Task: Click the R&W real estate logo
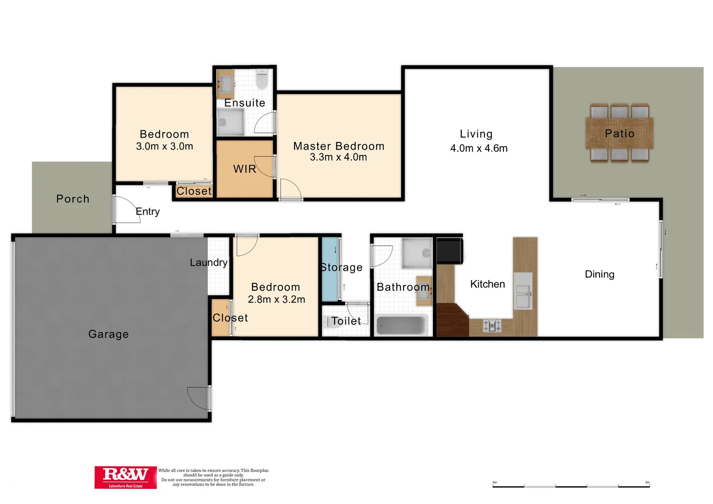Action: (126, 477)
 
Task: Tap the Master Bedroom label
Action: (339, 146)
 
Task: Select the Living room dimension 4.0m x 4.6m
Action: (479, 148)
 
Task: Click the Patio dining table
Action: (619, 133)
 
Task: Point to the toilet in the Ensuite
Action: (262, 80)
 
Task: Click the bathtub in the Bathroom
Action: (401, 325)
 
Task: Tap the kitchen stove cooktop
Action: (492, 325)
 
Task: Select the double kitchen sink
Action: (523, 291)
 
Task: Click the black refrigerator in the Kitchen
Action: (449, 251)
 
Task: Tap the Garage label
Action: (108, 334)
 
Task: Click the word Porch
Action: (73, 199)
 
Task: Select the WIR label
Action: (245, 169)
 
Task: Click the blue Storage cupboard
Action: (330, 270)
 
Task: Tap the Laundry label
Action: (209, 263)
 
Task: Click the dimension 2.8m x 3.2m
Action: (276, 300)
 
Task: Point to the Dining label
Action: (600, 274)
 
